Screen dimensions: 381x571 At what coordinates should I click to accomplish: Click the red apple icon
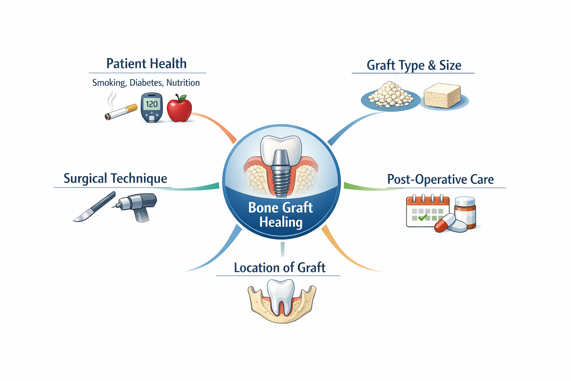(179, 109)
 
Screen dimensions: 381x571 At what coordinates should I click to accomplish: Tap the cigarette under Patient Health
(121, 112)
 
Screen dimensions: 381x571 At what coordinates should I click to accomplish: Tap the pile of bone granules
(390, 95)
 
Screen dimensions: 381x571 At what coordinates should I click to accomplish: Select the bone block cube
(442, 96)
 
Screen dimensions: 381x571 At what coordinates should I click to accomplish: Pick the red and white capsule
(445, 223)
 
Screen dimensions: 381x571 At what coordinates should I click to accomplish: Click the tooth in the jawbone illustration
(281, 296)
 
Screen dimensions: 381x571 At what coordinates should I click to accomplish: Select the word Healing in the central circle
(281, 222)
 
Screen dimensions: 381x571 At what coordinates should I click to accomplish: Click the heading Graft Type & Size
(414, 65)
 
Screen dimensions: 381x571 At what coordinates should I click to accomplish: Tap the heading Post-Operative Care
(441, 179)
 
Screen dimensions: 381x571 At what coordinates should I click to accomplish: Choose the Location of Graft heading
(280, 268)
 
